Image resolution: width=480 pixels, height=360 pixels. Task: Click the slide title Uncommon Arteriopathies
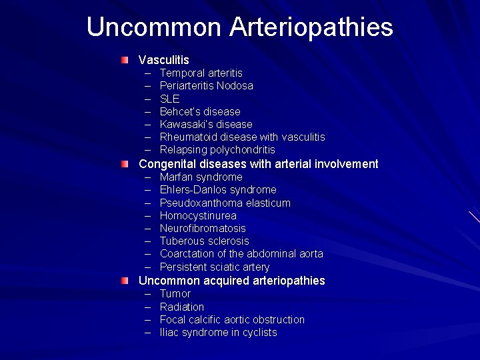(239, 27)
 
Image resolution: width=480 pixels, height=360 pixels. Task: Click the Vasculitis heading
(164, 60)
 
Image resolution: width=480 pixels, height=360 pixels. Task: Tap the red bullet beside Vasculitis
(125, 60)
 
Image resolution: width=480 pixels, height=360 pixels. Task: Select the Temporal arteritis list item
(201, 73)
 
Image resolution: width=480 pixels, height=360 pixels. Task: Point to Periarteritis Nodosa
(206, 85)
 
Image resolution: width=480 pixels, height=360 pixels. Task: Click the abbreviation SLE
(169, 99)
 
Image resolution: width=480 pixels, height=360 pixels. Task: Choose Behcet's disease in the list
(200, 111)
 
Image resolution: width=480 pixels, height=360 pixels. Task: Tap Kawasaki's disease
(206, 124)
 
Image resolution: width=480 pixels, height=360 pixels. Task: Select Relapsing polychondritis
(217, 149)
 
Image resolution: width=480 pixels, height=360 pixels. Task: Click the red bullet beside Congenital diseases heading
(125, 164)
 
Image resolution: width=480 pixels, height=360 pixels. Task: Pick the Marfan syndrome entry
(201, 177)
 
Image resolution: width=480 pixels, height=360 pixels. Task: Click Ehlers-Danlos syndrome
(218, 190)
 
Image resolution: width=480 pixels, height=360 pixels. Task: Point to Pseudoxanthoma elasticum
(225, 203)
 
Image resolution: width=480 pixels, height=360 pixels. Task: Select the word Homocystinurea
(198, 215)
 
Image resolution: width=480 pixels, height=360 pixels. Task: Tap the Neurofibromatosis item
(203, 228)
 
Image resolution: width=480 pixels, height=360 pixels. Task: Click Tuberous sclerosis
(204, 241)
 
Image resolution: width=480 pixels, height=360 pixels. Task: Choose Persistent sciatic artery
(215, 267)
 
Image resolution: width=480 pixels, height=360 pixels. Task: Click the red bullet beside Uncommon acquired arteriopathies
(125, 281)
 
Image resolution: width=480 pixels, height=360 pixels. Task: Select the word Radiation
(182, 307)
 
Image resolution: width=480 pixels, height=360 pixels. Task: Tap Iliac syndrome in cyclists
(218, 332)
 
